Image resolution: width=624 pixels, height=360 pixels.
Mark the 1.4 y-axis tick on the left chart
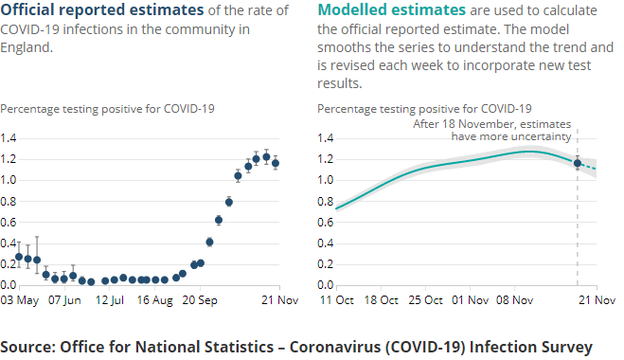(x=9, y=137)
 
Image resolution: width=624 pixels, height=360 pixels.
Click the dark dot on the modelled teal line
(x=578, y=163)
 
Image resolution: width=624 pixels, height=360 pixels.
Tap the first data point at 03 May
(x=18, y=257)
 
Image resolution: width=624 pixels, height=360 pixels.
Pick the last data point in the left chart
(x=276, y=163)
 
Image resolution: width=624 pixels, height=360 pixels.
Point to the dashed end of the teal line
(x=588, y=167)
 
